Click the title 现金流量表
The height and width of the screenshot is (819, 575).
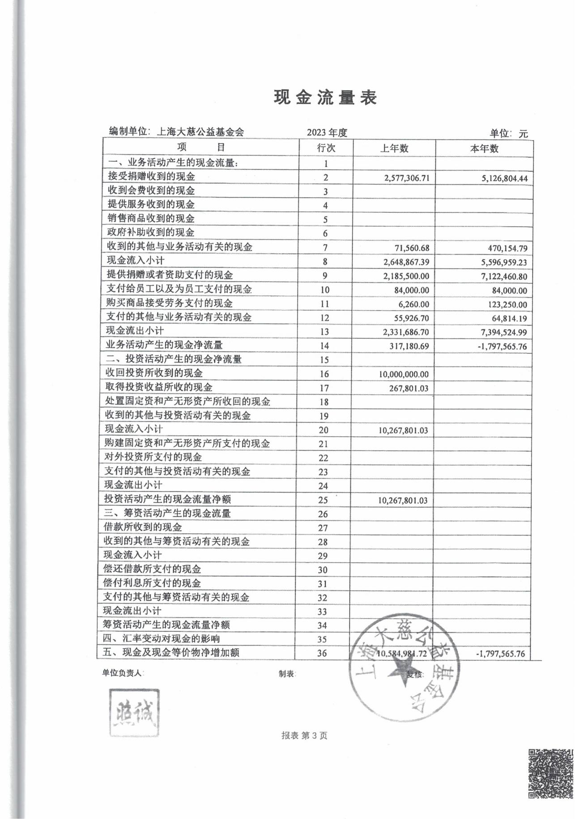click(325, 97)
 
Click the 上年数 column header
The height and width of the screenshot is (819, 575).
click(394, 148)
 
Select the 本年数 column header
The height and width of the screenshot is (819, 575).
click(484, 148)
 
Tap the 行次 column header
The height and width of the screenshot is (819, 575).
click(326, 148)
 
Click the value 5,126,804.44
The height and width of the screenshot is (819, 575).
click(504, 179)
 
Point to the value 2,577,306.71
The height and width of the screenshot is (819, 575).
click(406, 178)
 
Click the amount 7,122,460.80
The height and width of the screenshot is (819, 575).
click(504, 276)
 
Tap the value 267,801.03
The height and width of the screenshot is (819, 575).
click(408, 388)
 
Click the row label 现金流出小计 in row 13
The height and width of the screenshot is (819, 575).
click(135, 331)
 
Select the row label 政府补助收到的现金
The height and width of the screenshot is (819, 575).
click(151, 232)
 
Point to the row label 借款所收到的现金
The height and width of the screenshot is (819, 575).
click(143, 527)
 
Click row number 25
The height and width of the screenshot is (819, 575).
click(323, 500)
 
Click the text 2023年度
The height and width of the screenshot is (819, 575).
click(327, 133)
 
